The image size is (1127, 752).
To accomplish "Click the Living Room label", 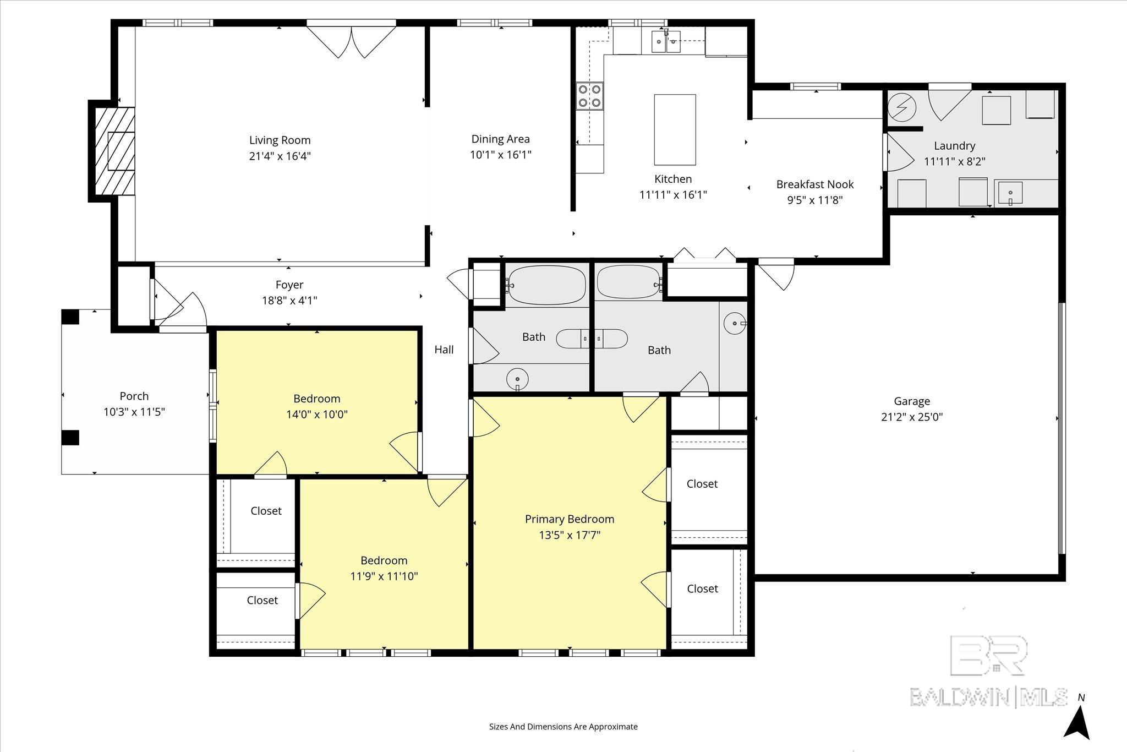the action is tap(280, 140).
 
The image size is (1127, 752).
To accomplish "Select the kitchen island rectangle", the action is tap(675, 129).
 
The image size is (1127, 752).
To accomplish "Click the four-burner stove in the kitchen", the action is tap(590, 95).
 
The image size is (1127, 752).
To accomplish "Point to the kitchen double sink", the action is tap(666, 41).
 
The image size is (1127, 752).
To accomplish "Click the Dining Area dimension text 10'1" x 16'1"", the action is tap(500, 155).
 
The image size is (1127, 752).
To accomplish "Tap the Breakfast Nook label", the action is tap(815, 184).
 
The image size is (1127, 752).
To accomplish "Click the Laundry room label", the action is tap(954, 146).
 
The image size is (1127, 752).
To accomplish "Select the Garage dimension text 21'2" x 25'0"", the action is tap(912, 417).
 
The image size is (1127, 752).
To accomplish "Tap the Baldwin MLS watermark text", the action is tap(988, 697).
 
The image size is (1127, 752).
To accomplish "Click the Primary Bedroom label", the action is tap(570, 519).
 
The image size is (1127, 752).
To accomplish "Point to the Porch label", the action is tap(134, 396).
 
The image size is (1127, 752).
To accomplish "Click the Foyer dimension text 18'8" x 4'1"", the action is tap(289, 301).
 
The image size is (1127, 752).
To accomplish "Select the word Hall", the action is tap(444, 350).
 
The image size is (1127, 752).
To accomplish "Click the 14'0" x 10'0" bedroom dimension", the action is tap(316, 414).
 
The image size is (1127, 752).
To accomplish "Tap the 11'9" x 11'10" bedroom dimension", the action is tap(384, 576).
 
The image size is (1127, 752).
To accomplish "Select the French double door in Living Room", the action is tap(351, 40).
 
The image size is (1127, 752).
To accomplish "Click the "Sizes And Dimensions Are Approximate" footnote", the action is tap(563, 727).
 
